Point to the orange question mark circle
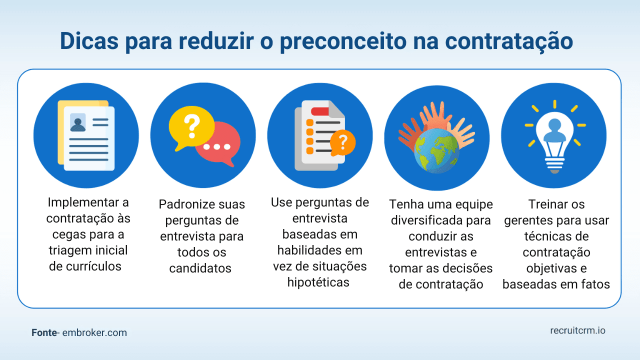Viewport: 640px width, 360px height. point(343,142)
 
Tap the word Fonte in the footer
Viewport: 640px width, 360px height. point(43,332)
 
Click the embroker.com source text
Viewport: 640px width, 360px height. point(94,332)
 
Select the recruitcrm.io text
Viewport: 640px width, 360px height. point(577,330)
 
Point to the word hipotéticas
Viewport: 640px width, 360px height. point(318,282)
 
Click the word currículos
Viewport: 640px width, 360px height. point(93,266)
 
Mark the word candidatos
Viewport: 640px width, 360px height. point(200,268)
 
